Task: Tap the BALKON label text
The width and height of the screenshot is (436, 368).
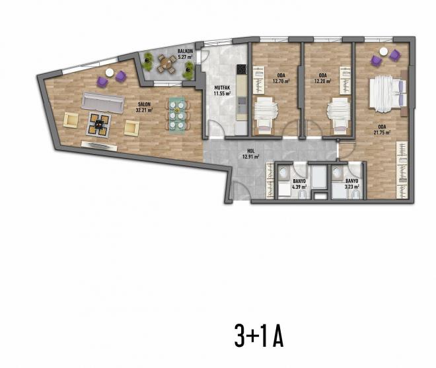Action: [184, 51]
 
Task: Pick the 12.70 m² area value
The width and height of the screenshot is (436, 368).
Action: [277, 82]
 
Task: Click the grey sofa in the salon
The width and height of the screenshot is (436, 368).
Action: [102, 102]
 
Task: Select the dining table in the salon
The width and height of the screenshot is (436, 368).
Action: [176, 114]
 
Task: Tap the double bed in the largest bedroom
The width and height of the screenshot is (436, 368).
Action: [386, 92]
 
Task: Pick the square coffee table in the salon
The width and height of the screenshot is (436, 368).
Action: [99, 122]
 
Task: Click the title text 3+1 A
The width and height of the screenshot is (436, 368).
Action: [258, 337]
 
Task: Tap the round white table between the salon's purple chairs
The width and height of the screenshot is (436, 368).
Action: [110, 73]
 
